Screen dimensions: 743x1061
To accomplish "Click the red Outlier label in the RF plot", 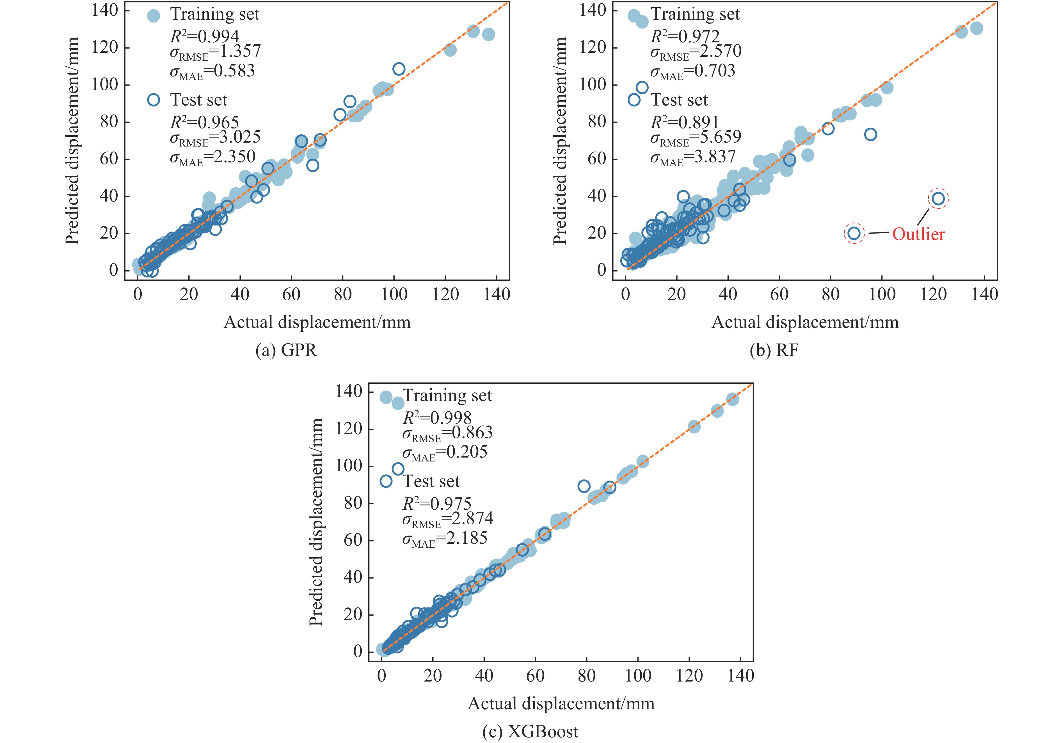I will (x=918, y=234).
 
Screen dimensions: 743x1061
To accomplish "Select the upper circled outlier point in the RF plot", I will (x=937, y=199).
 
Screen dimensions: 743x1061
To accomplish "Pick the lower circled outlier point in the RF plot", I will (x=854, y=233).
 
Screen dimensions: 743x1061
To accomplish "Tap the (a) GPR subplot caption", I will (x=287, y=350).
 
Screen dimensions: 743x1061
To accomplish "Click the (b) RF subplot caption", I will (x=774, y=350).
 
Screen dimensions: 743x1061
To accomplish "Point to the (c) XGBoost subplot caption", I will (x=530, y=731).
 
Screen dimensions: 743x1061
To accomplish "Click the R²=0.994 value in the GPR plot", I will (x=205, y=36).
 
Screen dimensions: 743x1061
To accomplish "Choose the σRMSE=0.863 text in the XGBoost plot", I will (x=447, y=433).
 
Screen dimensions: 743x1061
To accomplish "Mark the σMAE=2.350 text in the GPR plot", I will (x=212, y=157).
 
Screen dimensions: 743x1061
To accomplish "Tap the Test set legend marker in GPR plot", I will (x=154, y=100).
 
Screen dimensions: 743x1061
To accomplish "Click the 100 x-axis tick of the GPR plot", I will (x=394, y=294).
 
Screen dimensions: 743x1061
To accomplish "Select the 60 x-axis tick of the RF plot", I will (x=779, y=294).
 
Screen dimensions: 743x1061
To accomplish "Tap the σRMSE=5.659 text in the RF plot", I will (x=696, y=137).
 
